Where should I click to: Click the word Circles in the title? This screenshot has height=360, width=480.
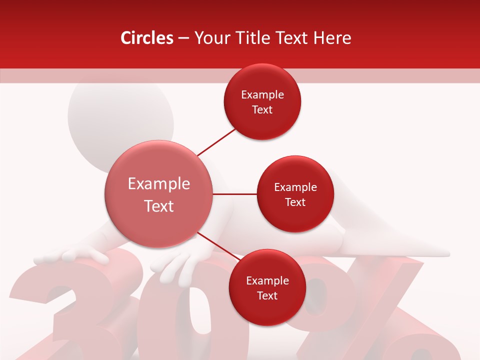click(147, 38)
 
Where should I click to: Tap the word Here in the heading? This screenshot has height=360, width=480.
click(334, 38)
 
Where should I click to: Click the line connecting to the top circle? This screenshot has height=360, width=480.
click(216, 141)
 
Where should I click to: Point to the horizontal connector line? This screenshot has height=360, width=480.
click(235, 194)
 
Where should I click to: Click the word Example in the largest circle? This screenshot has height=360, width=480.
click(159, 184)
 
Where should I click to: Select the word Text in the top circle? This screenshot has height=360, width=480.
click(262, 110)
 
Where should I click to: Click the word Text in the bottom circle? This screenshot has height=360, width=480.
click(267, 296)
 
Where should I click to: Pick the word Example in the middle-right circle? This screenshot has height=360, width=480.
click(295, 187)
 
